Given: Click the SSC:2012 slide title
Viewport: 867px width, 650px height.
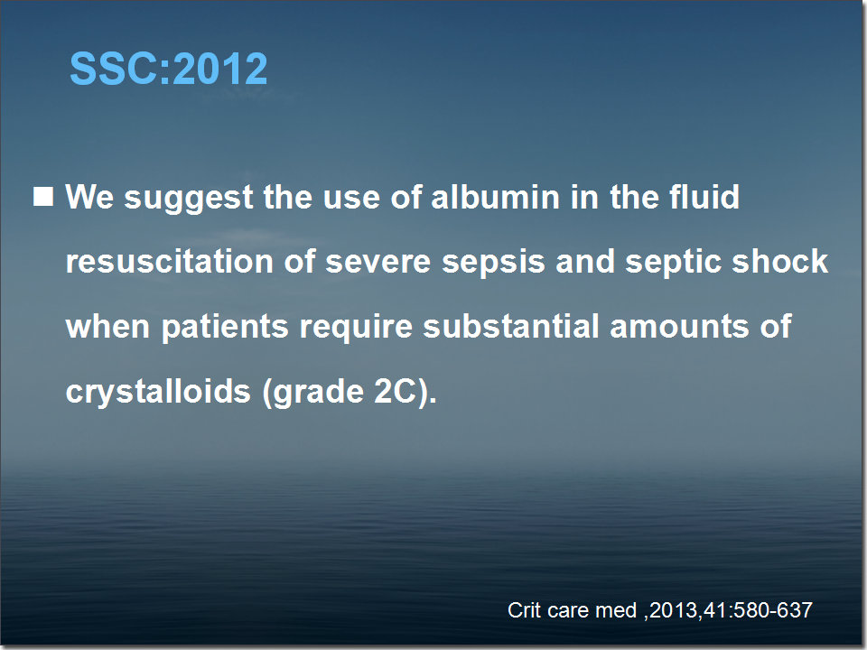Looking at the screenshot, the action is coord(169,69).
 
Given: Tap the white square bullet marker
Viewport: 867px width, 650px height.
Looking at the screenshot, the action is coord(43,197).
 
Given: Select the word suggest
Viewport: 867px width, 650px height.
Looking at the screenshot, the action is coord(189,199).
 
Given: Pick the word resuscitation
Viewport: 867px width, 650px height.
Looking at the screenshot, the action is coord(170,262).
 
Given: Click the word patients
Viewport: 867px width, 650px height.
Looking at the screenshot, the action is coord(225,328).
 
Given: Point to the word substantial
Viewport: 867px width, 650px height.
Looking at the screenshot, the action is coord(511,326).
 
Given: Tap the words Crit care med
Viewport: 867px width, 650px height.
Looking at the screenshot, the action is coord(573,610).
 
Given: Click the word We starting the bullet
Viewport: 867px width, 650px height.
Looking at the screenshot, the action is coord(89,197).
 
